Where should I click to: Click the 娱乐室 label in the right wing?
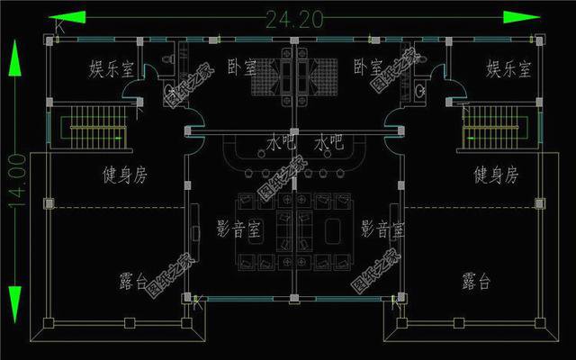(508, 69)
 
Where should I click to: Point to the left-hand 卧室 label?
(241, 67)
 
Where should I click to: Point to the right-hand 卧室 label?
(368, 67)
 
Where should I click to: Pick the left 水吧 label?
(282, 142)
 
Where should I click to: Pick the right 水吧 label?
(330, 142)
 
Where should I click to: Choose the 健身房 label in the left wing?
(123, 175)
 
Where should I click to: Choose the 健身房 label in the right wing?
(495, 175)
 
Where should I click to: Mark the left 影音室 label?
(239, 229)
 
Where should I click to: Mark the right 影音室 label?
(382, 229)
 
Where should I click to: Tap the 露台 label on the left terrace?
(133, 282)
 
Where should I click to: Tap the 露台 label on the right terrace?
(476, 282)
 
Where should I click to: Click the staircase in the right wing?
(490, 127)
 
